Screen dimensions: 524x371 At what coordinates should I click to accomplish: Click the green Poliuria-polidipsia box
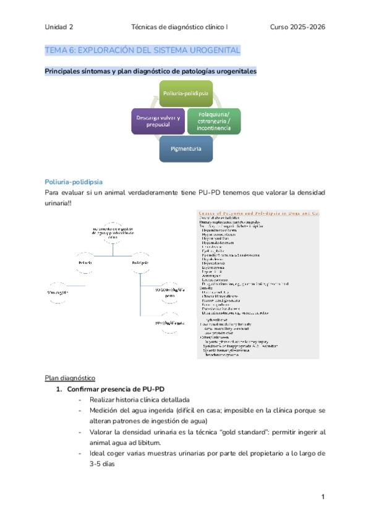[185, 93]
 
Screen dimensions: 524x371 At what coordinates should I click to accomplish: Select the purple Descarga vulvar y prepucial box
[158, 121]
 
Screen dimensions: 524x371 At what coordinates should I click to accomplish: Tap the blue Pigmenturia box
[185, 149]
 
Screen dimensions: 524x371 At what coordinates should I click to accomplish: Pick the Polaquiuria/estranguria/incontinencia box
[213, 121]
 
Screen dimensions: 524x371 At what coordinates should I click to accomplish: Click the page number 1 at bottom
[323, 497]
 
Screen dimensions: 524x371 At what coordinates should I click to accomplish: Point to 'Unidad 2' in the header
[59, 27]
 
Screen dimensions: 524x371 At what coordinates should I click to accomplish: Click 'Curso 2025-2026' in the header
[297, 27]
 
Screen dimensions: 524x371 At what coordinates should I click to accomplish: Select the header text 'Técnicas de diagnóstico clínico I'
[179, 27]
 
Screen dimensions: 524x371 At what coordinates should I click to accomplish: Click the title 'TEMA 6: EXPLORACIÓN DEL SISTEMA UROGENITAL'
[142, 50]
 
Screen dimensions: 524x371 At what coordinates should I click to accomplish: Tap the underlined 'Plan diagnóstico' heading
[70, 378]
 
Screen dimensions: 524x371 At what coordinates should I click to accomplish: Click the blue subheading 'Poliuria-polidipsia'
[74, 182]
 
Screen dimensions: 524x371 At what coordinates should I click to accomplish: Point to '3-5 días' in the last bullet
[106, 463]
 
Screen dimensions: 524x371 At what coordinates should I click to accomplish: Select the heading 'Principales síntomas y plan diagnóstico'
[150, 71]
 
